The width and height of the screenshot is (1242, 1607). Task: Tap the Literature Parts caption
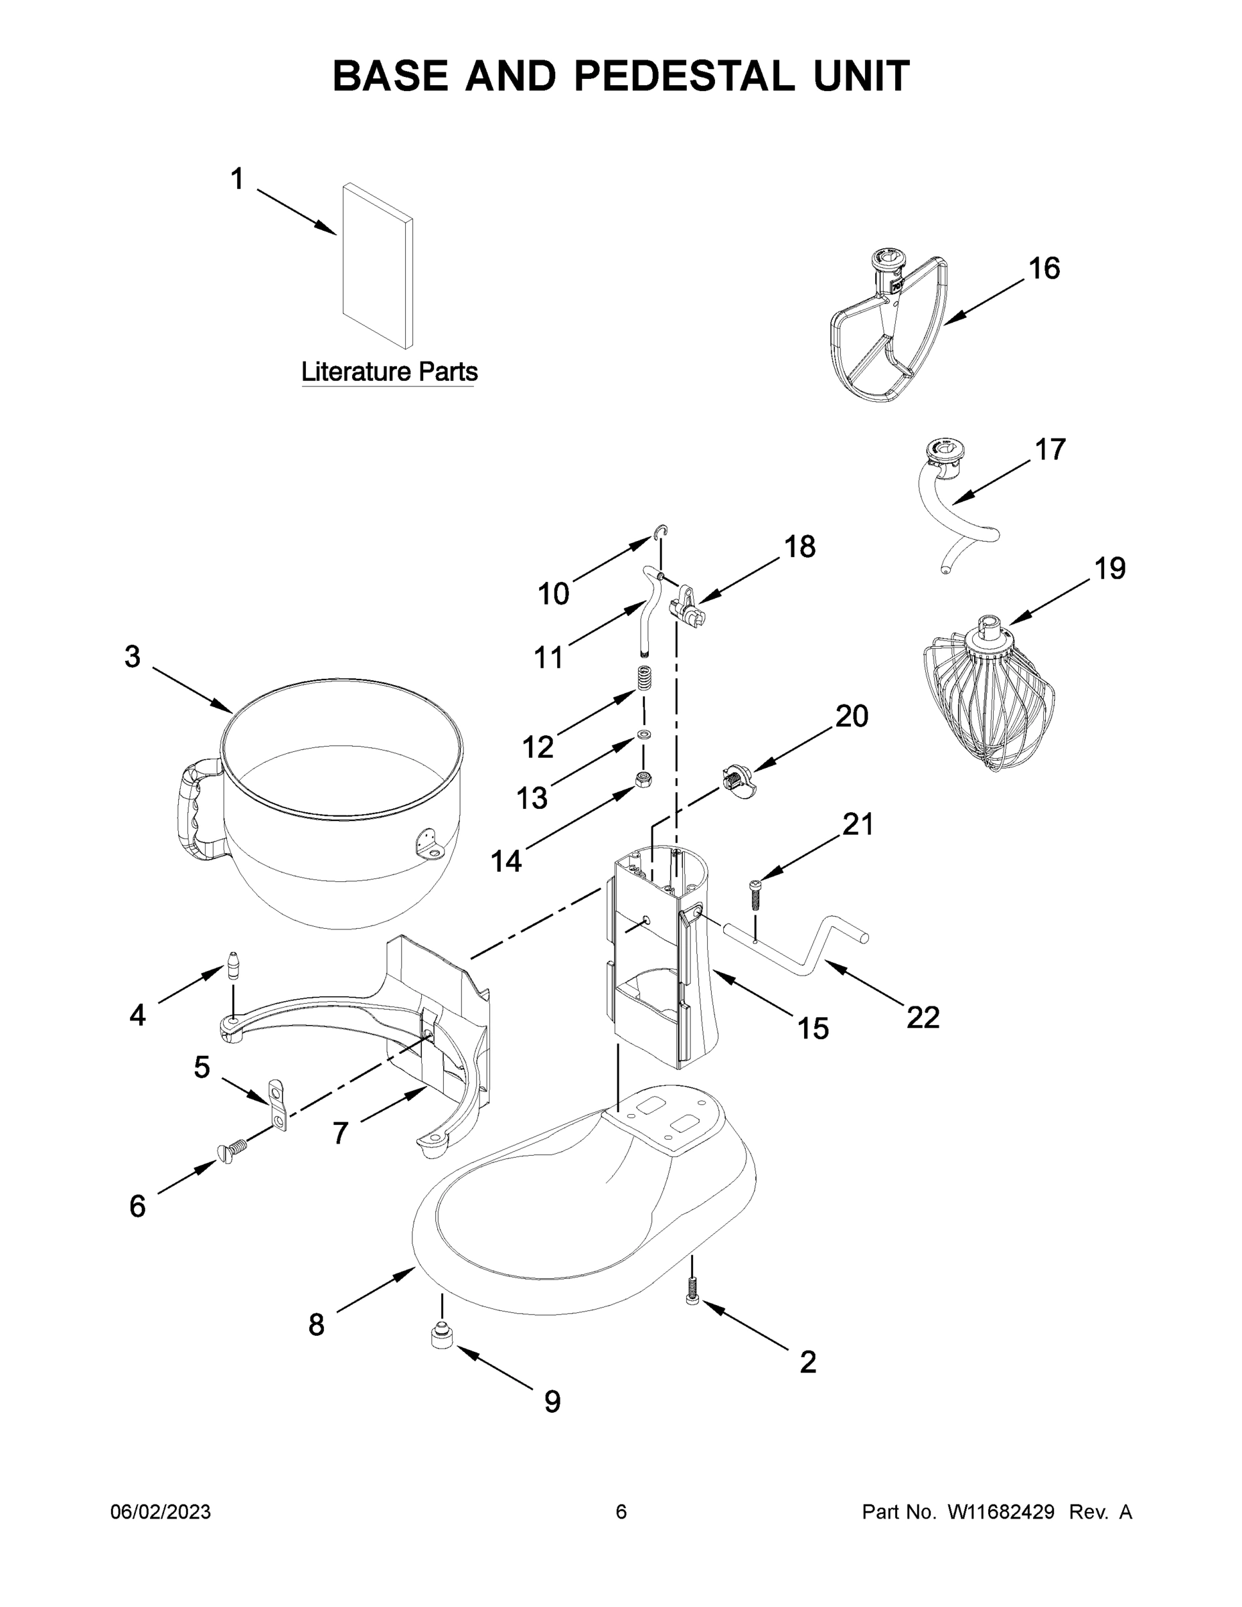(389, 372)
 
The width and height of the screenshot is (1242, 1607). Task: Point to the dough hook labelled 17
(953, 508)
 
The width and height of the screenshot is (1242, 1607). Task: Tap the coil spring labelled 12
(645, 677)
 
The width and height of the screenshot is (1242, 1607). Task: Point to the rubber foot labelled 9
(441, 1336)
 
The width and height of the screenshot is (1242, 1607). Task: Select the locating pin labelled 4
(233, 966)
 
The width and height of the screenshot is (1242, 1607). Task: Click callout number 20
(851, 716)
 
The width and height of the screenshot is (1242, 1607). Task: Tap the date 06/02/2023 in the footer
(161, 1512)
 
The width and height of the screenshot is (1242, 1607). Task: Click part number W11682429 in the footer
(1001, 1512)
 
